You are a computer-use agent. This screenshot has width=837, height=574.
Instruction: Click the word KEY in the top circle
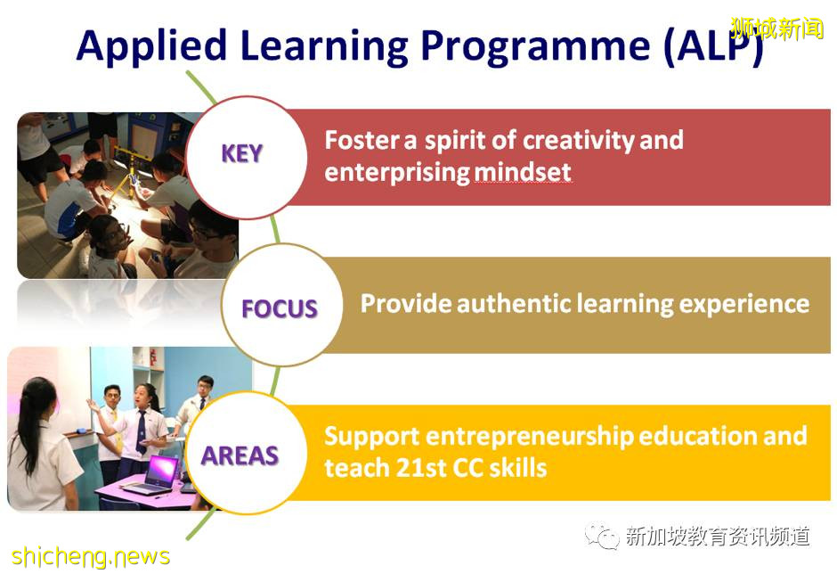pos(241,153)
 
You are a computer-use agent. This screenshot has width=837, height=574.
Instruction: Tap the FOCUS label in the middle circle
pos(280,308)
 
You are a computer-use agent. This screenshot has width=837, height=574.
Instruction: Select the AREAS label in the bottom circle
pos(240,455)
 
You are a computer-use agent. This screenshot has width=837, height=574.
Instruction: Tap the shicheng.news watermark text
pos(90,556)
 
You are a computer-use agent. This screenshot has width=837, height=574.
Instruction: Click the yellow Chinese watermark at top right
pos(776,29)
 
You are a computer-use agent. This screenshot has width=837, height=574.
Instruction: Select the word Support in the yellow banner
pos(371,436)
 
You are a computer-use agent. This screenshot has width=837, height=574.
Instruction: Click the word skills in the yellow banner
pos(515,467)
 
